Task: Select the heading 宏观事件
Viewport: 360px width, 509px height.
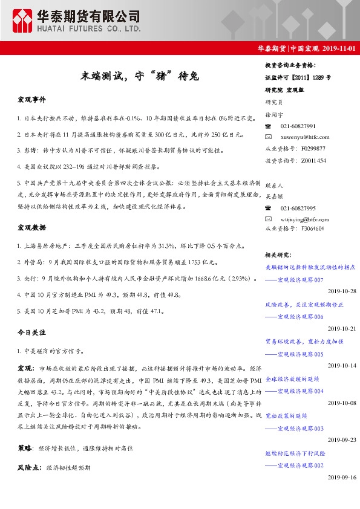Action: [31, 99]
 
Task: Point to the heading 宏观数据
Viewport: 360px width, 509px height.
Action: [31, 228]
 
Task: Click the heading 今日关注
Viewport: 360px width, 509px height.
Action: [31, 332]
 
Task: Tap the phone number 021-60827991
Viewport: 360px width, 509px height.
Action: [298, 126]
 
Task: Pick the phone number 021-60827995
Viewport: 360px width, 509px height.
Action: [298, 207]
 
